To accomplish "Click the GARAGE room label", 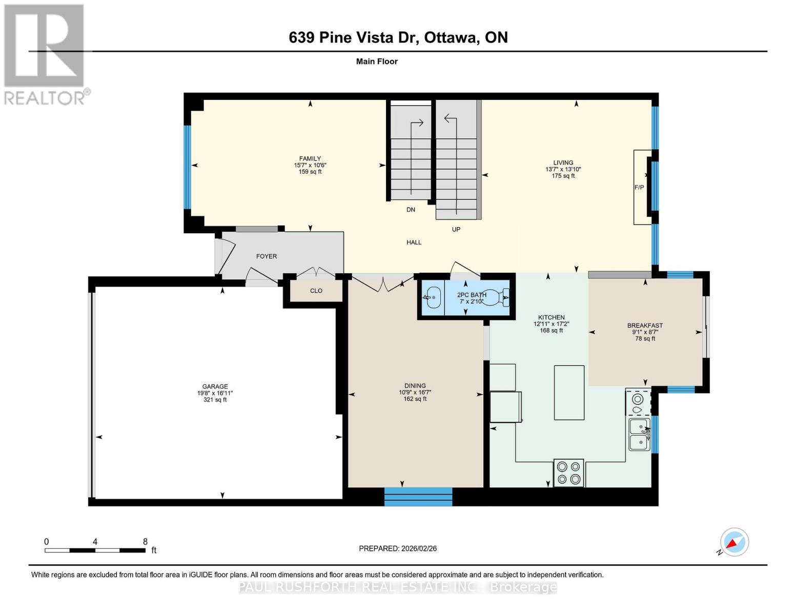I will click(x=215, y=386).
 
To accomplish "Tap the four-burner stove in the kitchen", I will click(x=568, y=473).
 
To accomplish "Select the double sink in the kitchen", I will click(x=639, y=435).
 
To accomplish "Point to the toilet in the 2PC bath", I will click(x=496, y=297).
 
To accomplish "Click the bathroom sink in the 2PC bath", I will click(x=433, y=297).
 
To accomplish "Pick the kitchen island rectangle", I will click(x=569, y=393).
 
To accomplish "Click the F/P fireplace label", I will click(x=639, y=188).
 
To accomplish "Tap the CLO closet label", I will click(x=316, y=291).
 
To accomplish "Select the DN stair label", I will click(x=411, y=210).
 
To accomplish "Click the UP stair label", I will click(x=456, y=229).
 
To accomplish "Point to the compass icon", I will click(x=734, y=542).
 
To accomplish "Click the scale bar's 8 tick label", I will click(x=145, y=541).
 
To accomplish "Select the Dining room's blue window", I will click(x=418, y=497).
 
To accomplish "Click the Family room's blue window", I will click(x=187, y=167).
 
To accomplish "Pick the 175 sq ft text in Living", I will click(x=563, y=176).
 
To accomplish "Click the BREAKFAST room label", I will click(x=645, y=325).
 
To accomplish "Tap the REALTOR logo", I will click(x=45, y=54).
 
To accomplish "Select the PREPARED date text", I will click(x=398, y=548).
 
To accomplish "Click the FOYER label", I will click(x=266, y=256).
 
